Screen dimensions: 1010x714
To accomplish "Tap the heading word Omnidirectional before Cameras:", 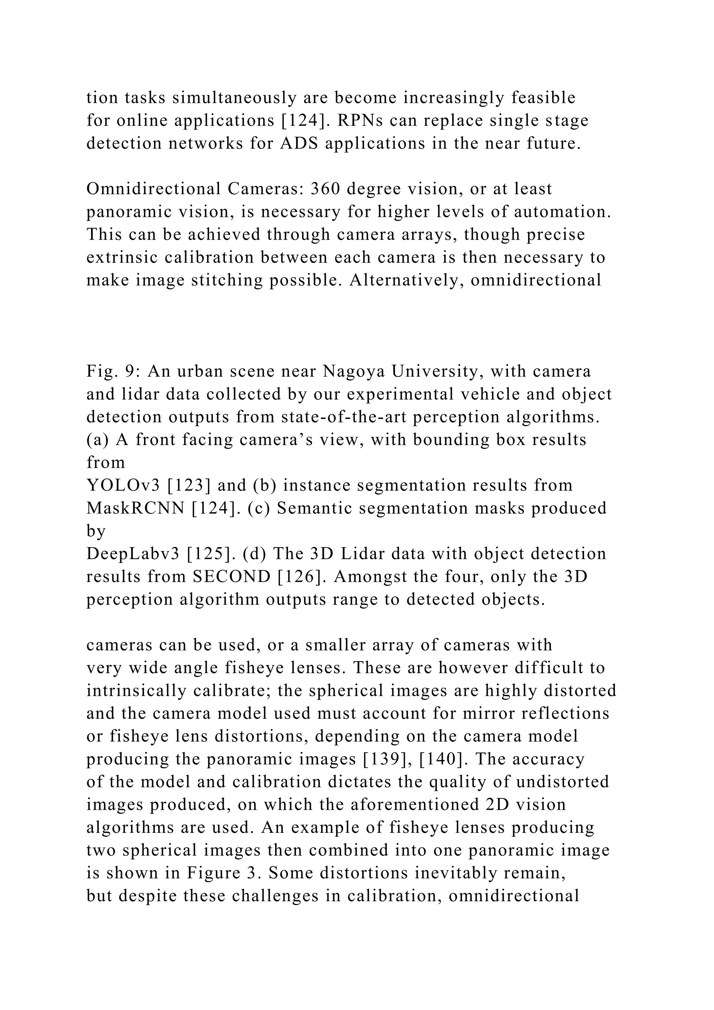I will coord(153,189).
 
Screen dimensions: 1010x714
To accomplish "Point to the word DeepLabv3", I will coord(133,554).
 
